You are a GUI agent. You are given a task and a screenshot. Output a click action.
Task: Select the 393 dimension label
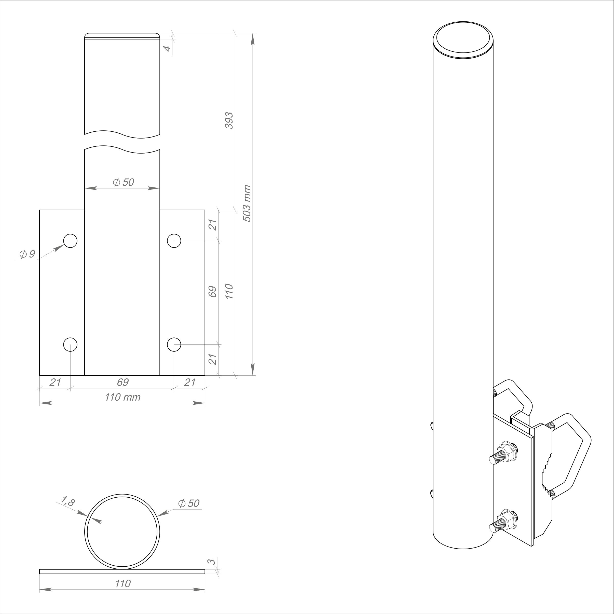[x=229, y=120]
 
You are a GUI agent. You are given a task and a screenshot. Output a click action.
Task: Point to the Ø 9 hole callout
[x=27, y=254]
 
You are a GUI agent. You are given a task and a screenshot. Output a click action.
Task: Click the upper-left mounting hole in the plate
[x=70, y=241]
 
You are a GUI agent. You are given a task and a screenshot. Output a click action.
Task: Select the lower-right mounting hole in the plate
[x=174, y=345]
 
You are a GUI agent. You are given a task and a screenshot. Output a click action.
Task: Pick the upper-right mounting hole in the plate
[x=174, y=241]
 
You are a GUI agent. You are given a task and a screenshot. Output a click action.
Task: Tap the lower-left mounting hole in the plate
[x=70, y=345]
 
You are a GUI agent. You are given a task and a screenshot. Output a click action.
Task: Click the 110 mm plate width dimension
[x=123, y=397]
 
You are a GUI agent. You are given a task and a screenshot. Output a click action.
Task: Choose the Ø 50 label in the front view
[x=123, y=182]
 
